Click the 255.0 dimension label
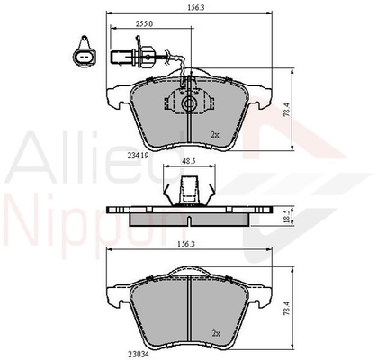pyautogui.click(x=144, y=24)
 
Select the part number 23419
pyautogui.click(x=139, y=155)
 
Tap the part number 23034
pyautogui.click(x=139, y=354)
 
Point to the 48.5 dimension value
pyautogui.click(x=189, y=161)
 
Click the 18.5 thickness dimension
pyautogui.click(x=287, y=217)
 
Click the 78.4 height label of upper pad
pyautogui.click(x=287, y=110)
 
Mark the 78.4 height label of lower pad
pyautogui.click(x=287, y=308)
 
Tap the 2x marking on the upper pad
pyautogui.click(x=215, y=135)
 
